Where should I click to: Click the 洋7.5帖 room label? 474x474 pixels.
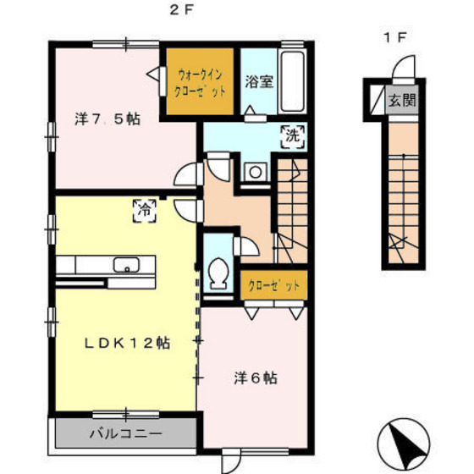pyautogui.click(x=107, y=119)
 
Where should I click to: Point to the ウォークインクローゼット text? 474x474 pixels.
pyautogui.click(x=200, y=82)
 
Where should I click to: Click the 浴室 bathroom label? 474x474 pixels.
pyautogui.click(x=258, y=82)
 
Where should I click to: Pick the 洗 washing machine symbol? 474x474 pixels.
pyautogui.click(x=289, y=134)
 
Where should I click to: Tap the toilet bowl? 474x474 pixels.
pyautogui.click(x=218, y=273)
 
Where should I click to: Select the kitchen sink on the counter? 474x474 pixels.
pyautogui.click(x=128, y=263)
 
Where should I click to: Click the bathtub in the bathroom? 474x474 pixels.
pyautogui.click(x=292, y=81)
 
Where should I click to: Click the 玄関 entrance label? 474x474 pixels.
pyautogui.click(x=402, y=100)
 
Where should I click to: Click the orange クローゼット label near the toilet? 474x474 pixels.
pyautogui.click(x=273, y=285)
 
